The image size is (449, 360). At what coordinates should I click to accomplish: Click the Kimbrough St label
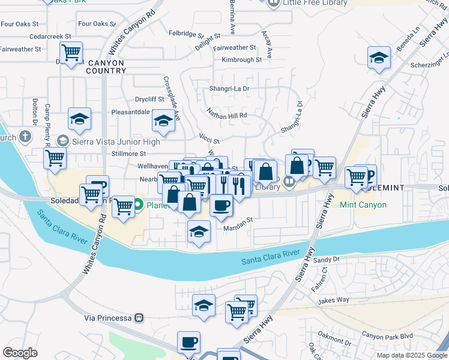(x=242, y=60)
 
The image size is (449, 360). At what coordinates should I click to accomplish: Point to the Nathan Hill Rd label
(x=227, y=113)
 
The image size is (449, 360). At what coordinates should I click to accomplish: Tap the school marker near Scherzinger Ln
(x=378, y=58)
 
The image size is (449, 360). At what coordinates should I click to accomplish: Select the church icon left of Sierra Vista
(x=25, y=136)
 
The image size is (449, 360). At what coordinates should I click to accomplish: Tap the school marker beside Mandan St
(x=199, y=232)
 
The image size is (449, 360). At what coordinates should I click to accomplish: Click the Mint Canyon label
(x=363, y=205)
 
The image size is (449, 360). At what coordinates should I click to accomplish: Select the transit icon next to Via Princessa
(x=139, y=317)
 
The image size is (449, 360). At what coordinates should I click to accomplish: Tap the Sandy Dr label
(x=327, y=260)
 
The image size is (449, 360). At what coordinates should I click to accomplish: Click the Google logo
(x=20, y=352)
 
